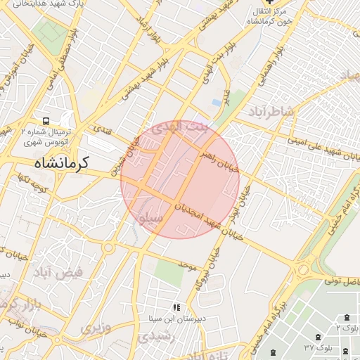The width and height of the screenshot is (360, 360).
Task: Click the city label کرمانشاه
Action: pyautogui.click(x=61, y=164)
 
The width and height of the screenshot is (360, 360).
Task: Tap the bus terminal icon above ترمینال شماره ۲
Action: pyautogui.click(x=46, y=120)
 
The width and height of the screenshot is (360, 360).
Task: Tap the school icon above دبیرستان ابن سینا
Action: pyautogui.click(x=176, y=307)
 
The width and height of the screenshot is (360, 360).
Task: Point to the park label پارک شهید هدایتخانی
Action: pyautogui.click(x=28, y=4)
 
